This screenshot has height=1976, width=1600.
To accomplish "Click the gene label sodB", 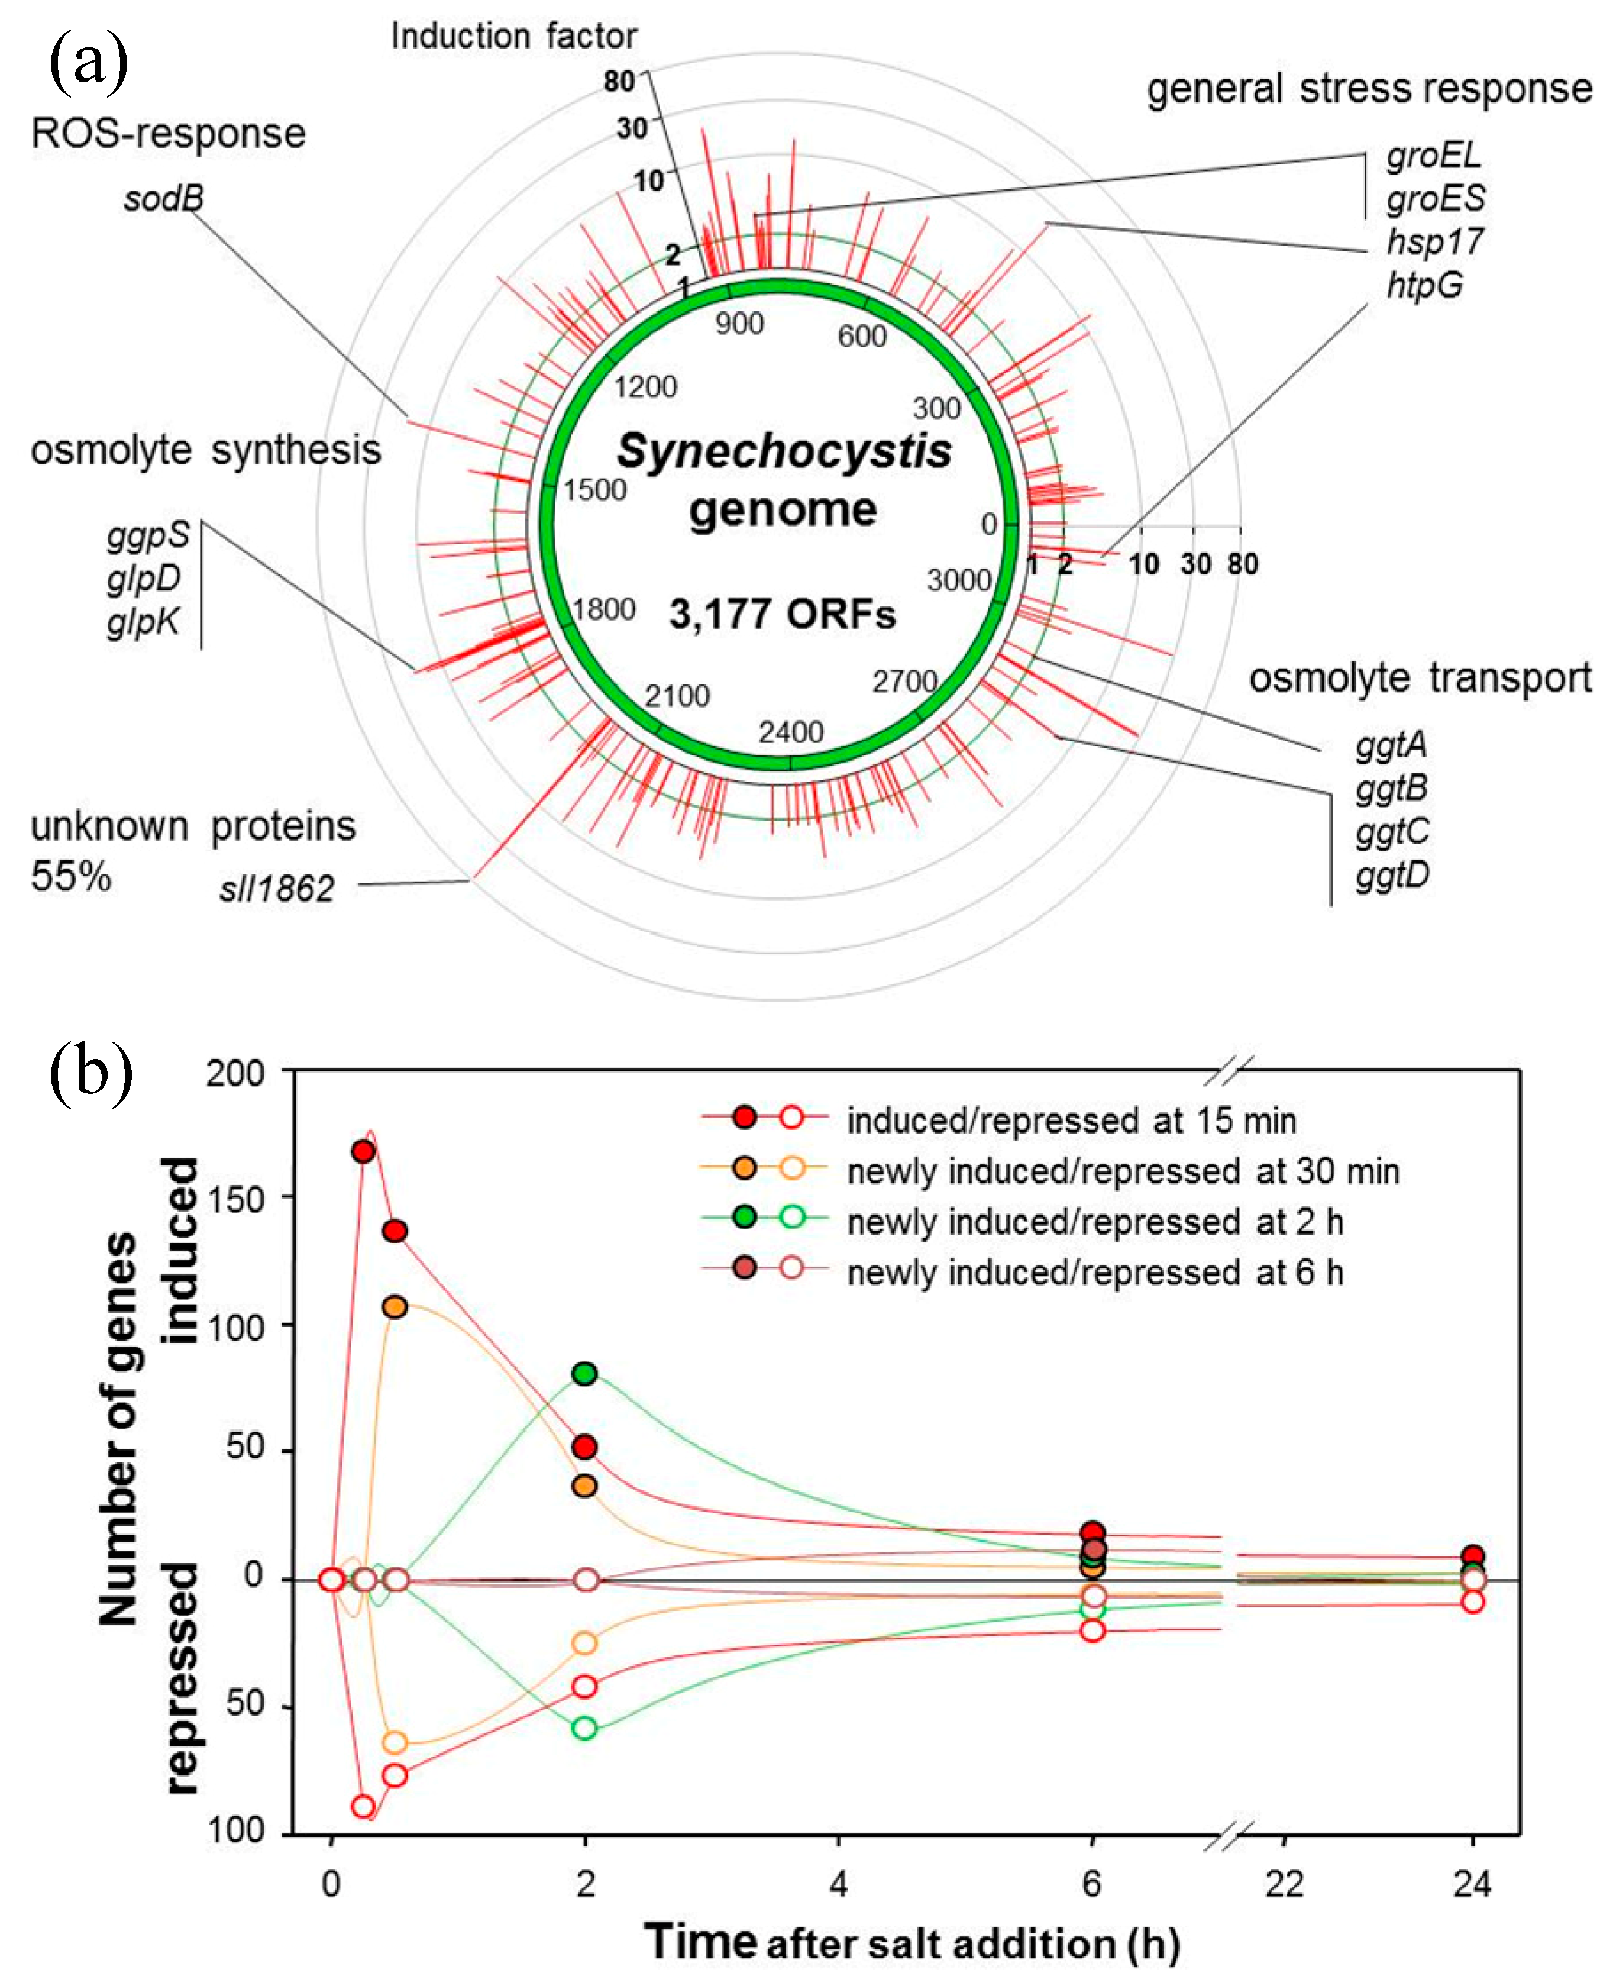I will pyautogui.click(x=164, y=199).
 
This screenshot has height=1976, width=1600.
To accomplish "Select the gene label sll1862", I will pyautogui.click(x=276, y=889).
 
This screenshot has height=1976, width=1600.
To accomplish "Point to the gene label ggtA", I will pyautogui.click(x=1391, y=745).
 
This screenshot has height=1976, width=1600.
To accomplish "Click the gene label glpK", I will pyautogui.click(x=143, y=623).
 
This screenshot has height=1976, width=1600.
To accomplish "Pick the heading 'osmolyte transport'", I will pyautogui.click(x=1420, y=679).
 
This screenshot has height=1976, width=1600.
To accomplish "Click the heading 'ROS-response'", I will pyautogui.click(x=168, y=134).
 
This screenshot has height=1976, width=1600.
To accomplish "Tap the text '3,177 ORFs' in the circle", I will pyautogui.click(x=781, y=615).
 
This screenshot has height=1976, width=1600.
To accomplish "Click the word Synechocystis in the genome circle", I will pyautogui.click(x=783, y=451).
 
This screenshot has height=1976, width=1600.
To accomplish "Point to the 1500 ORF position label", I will pyautogui.click(x=596, y=489).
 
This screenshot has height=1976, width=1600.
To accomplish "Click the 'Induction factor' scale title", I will pyautogui.click(x=513, y=37).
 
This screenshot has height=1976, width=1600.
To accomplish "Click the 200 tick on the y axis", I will pyautogui.click(x=235, y=1074).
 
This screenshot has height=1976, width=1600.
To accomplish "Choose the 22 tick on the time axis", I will pyautogui.click(x=1284, y=1885).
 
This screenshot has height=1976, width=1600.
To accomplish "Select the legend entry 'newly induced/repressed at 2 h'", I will pyautogui.click(x=1094, y=1222).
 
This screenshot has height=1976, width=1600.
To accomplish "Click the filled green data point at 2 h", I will pyautogui.click(x=584, y=1373).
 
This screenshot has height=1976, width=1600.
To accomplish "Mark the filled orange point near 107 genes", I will pyautogui.click(x=395, y=1307).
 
